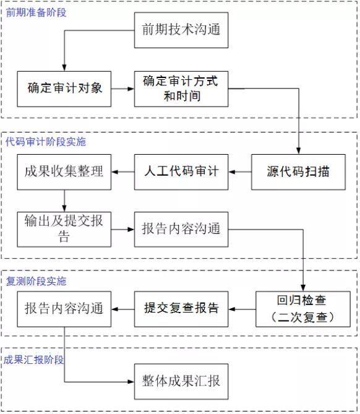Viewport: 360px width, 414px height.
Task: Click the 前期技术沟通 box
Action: (181, 30)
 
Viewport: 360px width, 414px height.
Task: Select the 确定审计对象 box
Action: (64, 89)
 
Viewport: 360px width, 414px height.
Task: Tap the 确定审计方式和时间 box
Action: (181, 89)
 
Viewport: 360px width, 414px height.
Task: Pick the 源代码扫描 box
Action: (298, 172)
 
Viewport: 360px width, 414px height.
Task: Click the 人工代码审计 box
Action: (181, 172)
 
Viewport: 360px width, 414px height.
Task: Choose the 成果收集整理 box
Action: (64, 172)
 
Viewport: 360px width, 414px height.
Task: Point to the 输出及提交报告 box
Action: (64, 230)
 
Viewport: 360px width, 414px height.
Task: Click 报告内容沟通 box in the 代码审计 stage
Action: (181, 230)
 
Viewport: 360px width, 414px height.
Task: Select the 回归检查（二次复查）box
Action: (303, 309)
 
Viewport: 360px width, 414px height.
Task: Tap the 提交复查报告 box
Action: (181, 309)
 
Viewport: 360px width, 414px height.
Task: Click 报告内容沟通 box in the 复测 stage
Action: (64, 309)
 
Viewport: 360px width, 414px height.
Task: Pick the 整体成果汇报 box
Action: (181, 382)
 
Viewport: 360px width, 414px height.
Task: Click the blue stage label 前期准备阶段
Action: (36, 12)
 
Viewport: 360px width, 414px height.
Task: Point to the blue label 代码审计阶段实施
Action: (46, 142)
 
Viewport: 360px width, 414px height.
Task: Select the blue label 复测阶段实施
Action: (36, 281)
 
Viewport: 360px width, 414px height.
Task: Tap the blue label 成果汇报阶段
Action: (33, 360)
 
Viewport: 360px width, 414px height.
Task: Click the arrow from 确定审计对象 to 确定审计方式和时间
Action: (122, 89)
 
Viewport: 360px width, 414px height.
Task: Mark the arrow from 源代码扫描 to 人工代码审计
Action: (240, 172)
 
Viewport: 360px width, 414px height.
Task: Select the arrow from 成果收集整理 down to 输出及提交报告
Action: (64, 201)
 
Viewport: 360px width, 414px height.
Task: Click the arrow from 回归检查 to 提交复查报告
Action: (242, 309)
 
